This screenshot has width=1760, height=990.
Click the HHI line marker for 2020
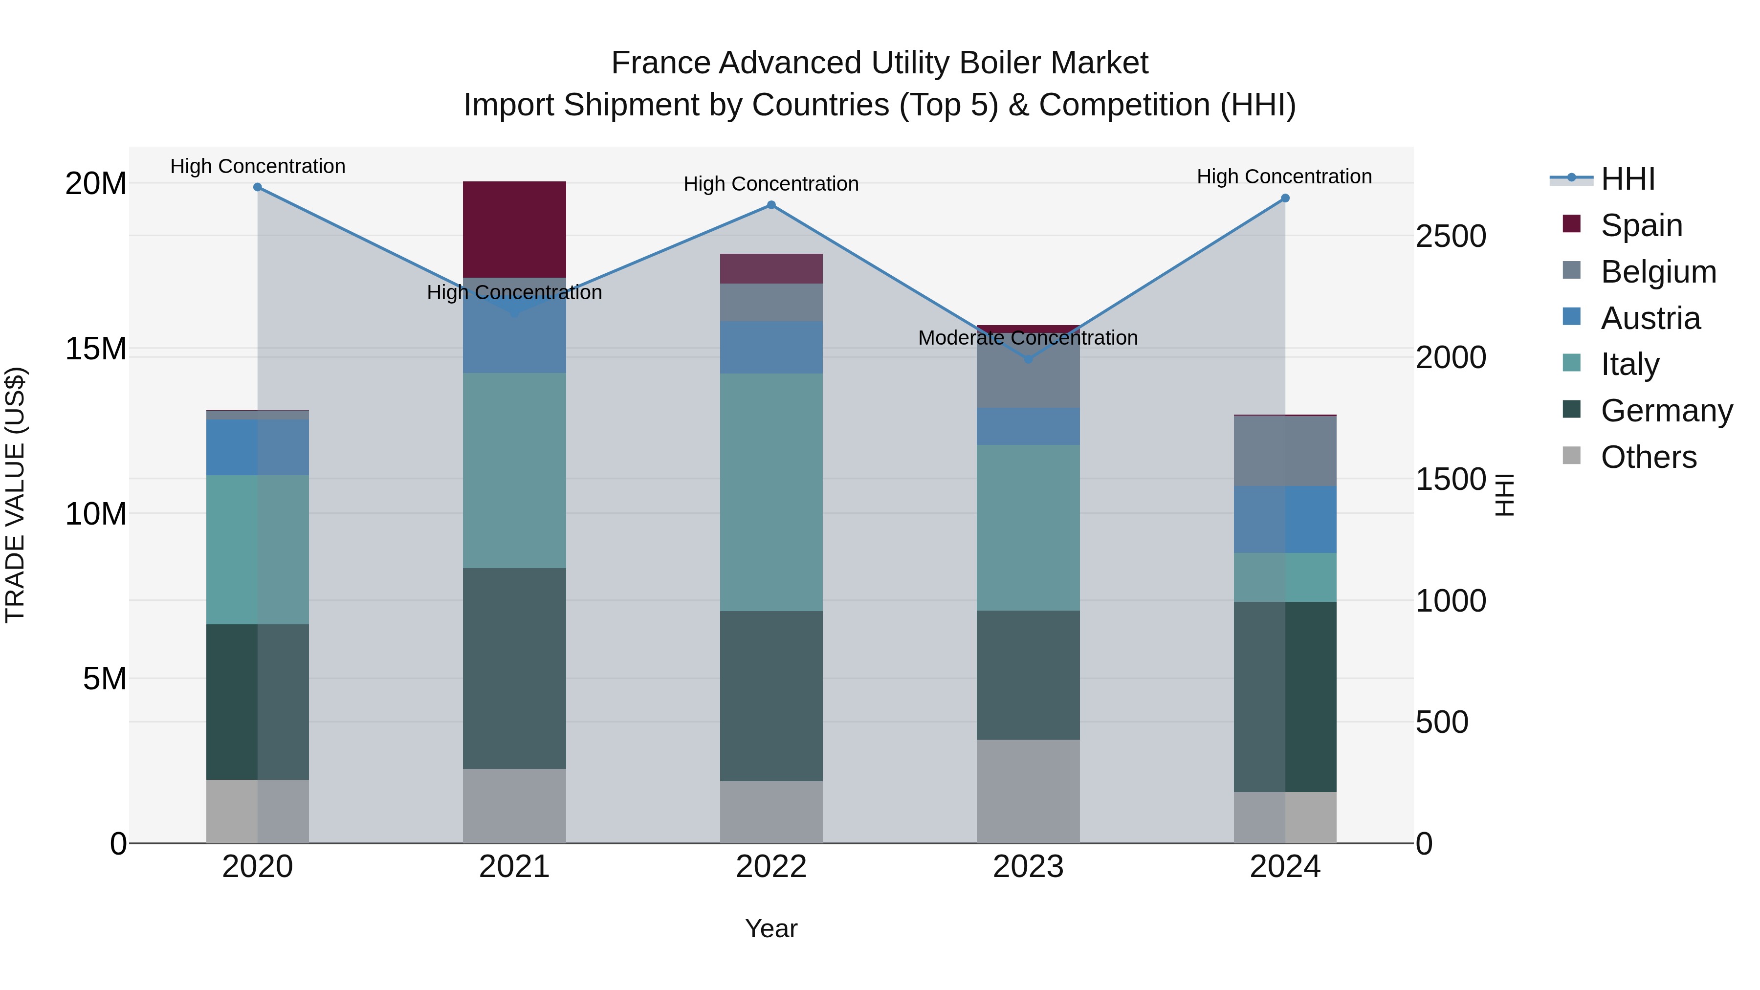coord(258,187)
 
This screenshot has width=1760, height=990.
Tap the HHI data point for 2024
coord(1284,198)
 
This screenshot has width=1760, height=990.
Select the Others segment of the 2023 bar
coord(1028,791)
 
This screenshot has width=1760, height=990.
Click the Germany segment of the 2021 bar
coord(514,668)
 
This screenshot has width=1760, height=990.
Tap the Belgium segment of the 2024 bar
coord(1284,451)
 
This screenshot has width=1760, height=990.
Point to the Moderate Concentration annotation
coord(1028,337)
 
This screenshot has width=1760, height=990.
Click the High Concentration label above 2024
coord(1284,176)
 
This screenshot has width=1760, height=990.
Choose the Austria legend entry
coord(1650,318)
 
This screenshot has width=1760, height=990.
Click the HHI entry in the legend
coord(1628,179)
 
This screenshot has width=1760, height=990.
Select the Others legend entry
coord(1648,457)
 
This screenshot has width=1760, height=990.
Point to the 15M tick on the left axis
coord(96,349)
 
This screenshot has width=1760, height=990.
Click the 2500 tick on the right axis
coord(1450,237)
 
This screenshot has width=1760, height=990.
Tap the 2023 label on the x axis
coord(1028,867)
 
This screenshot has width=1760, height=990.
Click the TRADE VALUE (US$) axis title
coord(15,495)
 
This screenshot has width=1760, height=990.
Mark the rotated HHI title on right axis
coord(1505,495)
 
